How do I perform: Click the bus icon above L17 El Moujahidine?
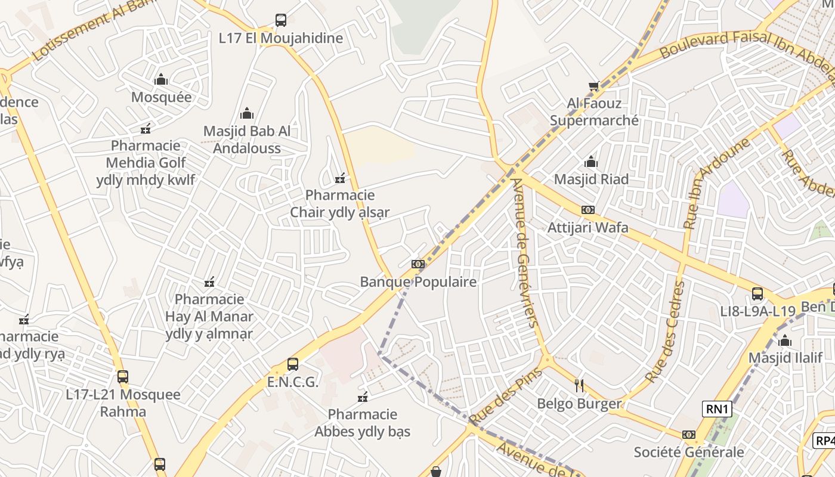pos(281,20)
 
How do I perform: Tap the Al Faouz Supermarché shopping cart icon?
pos(593,86)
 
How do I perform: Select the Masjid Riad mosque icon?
pos(591,162)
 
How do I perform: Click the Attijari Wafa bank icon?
pos(587,210)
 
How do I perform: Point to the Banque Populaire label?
pos(418,282)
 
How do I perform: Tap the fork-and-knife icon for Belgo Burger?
pos(579,386)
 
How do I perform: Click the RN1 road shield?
pos(717,409)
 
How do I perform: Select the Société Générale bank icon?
pos(689,435)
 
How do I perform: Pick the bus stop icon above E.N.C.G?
pos(292,364)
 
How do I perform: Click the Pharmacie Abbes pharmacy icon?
pos(363,397)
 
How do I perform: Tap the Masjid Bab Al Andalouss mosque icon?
pos(246,114)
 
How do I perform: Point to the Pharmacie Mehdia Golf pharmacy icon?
pos(145,128)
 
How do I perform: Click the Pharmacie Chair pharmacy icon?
pos(340,178)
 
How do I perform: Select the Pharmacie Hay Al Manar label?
pos(209,316)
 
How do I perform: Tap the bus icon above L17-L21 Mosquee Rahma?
pos(123,377)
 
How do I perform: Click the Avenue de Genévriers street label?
pos(525,253)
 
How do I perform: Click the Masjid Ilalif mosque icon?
pos(785,341)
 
